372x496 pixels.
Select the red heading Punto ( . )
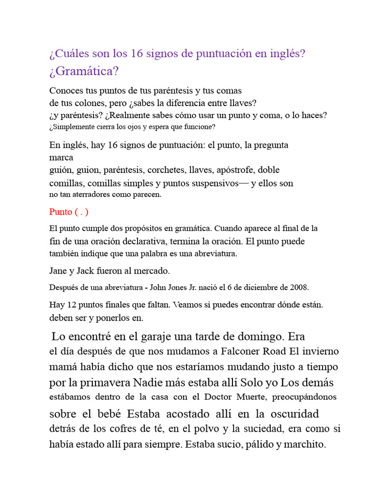[69, 212]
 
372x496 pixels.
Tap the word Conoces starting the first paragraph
[67, 91]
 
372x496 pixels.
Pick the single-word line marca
[61, 157]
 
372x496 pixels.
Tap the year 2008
[299, 287]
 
